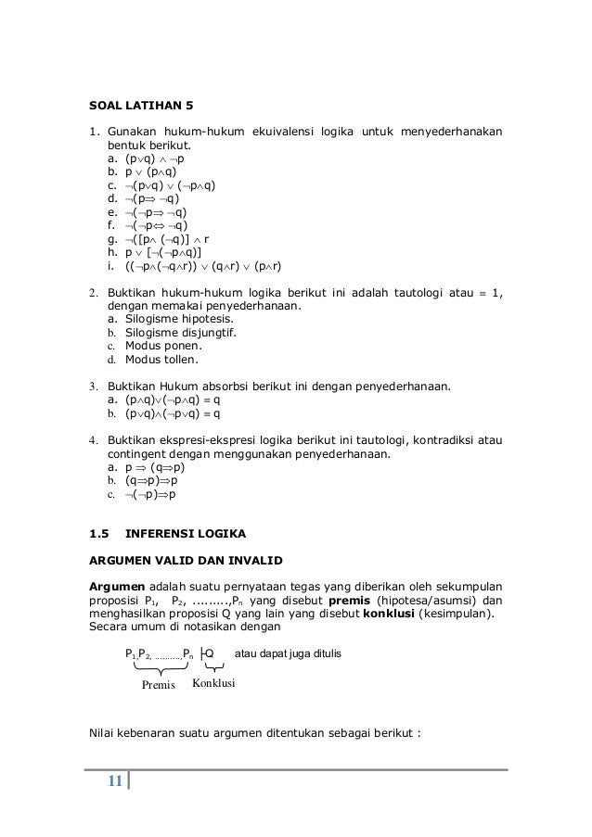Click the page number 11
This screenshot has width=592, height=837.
coord(115,780)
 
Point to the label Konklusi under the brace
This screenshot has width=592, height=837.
coord(214,683)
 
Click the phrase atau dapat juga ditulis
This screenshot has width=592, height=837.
coord(289,653)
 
